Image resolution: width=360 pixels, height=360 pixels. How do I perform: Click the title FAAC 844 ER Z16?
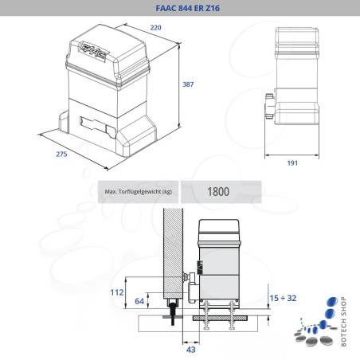click(180, 8)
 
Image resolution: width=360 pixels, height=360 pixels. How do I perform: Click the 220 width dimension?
click(158, 29)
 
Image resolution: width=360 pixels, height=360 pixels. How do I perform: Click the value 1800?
click(219, 192)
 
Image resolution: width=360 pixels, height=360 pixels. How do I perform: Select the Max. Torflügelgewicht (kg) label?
click(137, 192)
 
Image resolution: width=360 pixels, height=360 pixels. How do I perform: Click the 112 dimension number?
click(117, 292)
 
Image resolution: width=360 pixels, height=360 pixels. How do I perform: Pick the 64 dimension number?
click(139, 301)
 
